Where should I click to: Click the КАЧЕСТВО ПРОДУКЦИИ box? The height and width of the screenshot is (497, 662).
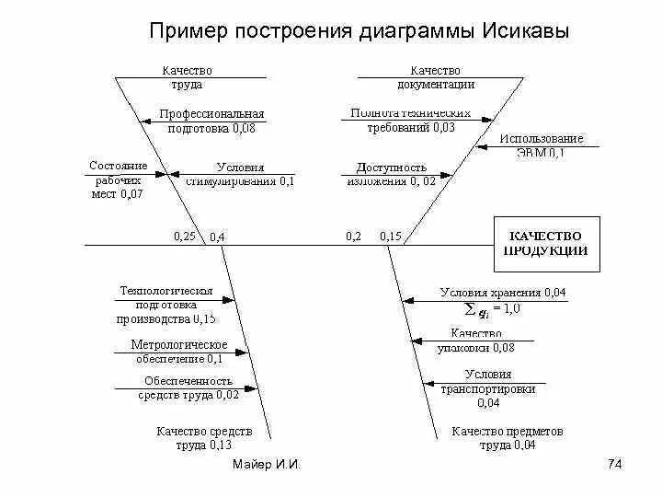[547, 244]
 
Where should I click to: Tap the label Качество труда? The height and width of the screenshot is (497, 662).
[187, 77]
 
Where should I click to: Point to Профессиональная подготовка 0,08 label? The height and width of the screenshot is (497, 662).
[211, 121]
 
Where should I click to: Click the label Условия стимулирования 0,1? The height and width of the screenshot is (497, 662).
[240, 175]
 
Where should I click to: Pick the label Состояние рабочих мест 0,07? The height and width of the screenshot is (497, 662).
[118, 179]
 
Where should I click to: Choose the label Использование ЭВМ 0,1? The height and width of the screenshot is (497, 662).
[541, 145]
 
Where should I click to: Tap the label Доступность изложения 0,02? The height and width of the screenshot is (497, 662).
[391, 175]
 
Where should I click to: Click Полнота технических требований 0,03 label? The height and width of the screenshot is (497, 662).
[411, 121]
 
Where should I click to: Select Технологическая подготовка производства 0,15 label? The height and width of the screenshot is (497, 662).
[165, 305]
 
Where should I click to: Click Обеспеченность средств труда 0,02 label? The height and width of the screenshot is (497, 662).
[188, 387]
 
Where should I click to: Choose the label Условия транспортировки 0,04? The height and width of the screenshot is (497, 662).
[487, 388]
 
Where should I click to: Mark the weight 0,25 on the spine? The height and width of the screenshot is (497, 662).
[184, 237]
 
